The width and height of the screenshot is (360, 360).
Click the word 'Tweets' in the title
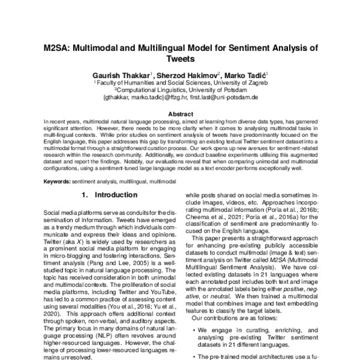179,60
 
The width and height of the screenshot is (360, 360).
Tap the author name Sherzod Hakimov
188,75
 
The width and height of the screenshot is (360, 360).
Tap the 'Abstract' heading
180,114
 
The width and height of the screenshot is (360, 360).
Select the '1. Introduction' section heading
108,196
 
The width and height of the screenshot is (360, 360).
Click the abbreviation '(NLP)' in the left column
83,341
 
